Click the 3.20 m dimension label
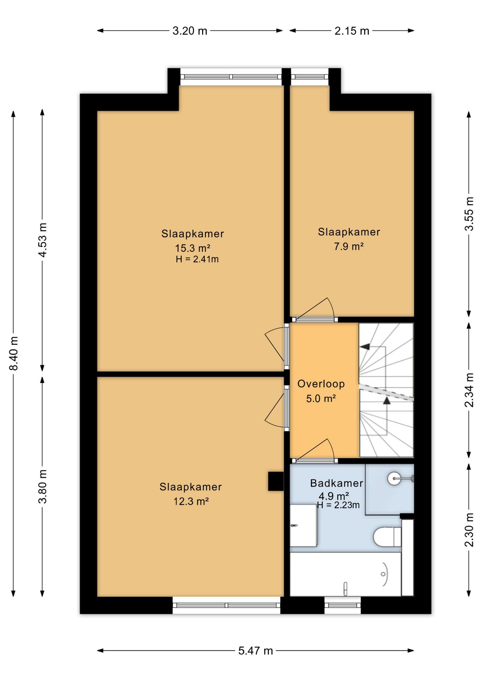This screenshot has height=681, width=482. point(190,31)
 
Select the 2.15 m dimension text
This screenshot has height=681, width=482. point(352,31)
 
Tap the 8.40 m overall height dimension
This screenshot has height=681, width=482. point(13,353)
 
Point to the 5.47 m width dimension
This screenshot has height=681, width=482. point(256,651)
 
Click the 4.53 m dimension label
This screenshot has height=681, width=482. point(43,240)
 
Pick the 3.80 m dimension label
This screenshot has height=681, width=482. point(43,486)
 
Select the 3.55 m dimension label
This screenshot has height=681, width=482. point(469,214)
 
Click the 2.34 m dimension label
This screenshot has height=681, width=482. point(469,390)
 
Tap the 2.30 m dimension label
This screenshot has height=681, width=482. point(469,530)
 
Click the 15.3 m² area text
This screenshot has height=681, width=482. point(192,248)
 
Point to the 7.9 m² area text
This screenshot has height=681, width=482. point(349,246)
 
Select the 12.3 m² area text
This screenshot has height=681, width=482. point(191,501)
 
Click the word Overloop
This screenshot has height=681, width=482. point(321,384)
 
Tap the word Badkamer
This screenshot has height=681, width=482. point(336,483)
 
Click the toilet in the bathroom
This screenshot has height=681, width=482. point(387,537)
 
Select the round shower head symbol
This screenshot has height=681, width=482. point(394,478)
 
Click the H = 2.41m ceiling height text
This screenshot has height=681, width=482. point(197,259)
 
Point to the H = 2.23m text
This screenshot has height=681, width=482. point(338,505)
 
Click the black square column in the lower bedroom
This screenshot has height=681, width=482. point(276,481)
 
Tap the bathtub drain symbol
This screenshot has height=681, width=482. point(383,574)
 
